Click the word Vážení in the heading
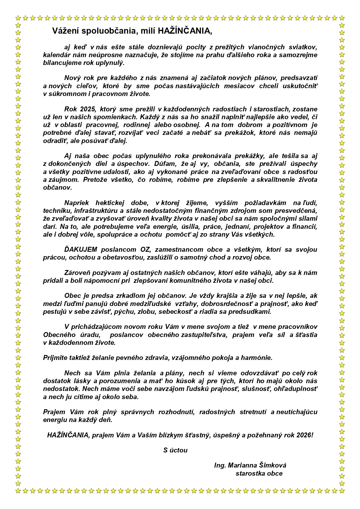coord(64,31)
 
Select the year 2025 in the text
coord(87,109)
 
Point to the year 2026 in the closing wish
coord(303,435)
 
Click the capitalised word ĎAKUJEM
coord(81,249)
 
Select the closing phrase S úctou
coord(175,450)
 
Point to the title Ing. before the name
coord(220,465)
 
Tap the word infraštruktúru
coord(96,210)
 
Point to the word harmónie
coord(259,358)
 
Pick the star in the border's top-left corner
coord(18,18)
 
